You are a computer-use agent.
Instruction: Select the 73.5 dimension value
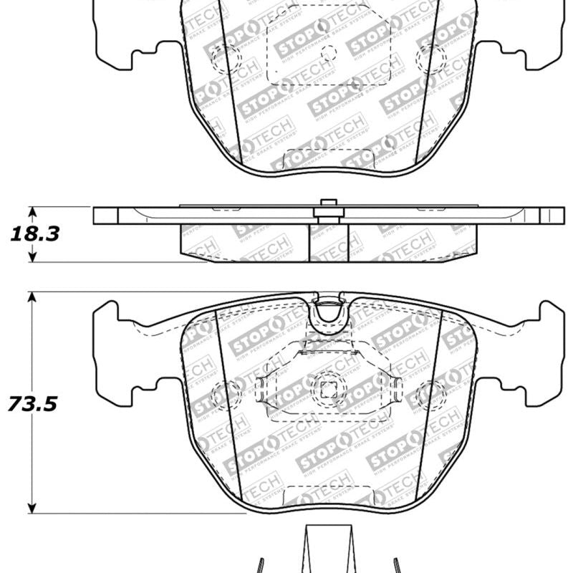point(32,403)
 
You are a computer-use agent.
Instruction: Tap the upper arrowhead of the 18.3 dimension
point(32,211)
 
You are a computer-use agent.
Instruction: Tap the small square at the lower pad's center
point(329,390)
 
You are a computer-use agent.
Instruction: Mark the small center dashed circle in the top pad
point(329,52)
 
